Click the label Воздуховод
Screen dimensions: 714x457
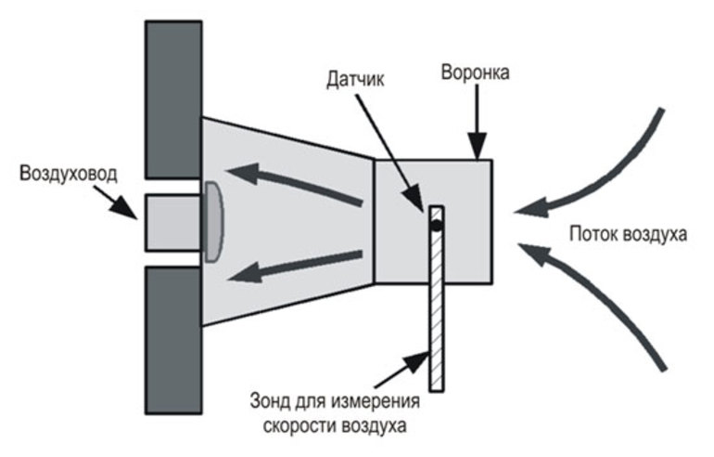tap(69, 175)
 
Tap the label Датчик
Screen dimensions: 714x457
tap(355, 79)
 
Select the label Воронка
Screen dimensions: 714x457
tap(475, 72)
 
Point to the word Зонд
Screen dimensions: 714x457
tap(270, 401)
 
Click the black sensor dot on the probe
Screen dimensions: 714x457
tap(436, 225)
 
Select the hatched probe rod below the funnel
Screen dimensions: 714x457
tap(436, 299)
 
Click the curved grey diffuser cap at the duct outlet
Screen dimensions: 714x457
tap(214, 222)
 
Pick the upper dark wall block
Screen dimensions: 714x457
tap(173, 99)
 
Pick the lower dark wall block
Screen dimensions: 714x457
tap(173, 340)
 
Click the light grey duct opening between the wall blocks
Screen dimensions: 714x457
tap(173, 223)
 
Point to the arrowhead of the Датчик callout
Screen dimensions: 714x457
tap(415, 199)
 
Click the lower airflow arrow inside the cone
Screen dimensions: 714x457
tap(295, 267)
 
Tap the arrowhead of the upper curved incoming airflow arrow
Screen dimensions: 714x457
tap(530, 208)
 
